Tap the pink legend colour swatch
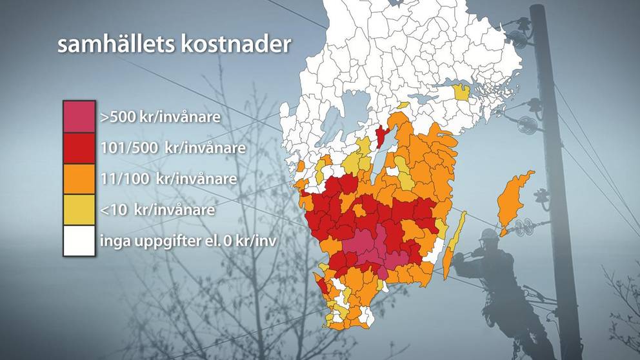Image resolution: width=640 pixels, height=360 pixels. click(79, 117)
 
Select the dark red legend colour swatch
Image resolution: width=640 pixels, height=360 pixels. click(79, 148)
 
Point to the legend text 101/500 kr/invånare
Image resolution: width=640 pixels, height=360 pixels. click(173, 148)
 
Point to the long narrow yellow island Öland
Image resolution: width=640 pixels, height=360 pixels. click(455, 245)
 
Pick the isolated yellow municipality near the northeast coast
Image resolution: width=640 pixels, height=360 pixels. click(462, 92)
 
